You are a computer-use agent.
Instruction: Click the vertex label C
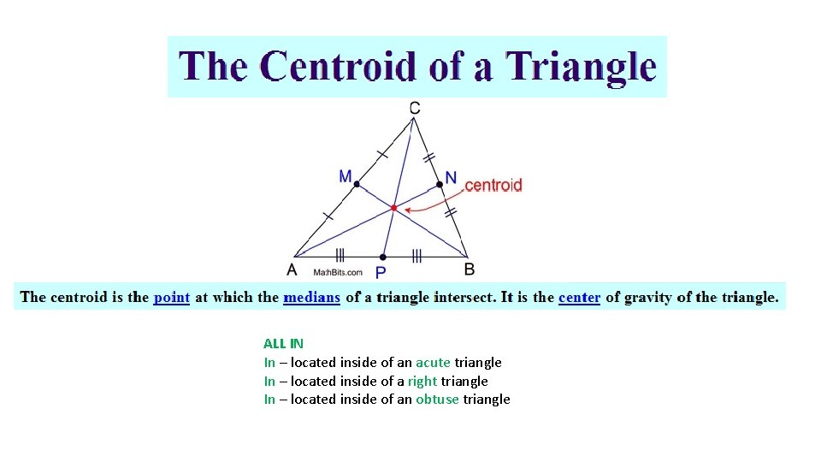coord(414,108)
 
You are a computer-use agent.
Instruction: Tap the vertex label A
coord(292,269)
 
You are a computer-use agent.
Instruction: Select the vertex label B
coord(470,269)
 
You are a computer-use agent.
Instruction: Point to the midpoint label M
coord(346,176)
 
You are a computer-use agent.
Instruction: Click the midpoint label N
coord(451,177)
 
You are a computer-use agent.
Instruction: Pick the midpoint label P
coord(381,272)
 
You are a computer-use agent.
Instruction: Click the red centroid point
coord(394,208)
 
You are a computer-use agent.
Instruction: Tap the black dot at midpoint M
coord(357,184)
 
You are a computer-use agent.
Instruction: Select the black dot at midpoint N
coord(440,184)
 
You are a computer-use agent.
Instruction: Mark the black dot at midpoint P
coord(382,256)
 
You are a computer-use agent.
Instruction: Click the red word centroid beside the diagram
coord(493,185)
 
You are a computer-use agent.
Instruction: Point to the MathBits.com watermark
coord(338,272)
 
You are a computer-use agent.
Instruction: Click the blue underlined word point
coord(172,297)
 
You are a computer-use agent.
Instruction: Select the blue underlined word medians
coord(312,297)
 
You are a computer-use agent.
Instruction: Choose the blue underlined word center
coord(579,297)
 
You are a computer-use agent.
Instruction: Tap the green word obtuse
coord(437,400)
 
